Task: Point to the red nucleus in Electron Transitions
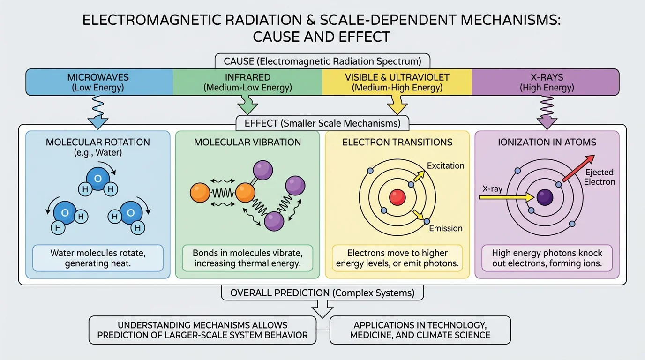(x=397, y=197)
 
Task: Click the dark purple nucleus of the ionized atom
(x=545, y=197)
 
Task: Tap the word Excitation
(x=445, y=166)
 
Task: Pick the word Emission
(x=446, y=228)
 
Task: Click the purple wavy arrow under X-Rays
(x=547, y=112)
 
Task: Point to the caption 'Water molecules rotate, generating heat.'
(x=98, y=258)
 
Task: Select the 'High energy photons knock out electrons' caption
(x=547, y=258)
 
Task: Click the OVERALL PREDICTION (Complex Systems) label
(x=322, y=293)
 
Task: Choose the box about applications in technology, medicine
(x=420, y=330)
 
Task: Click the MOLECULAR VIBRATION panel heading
(x=247, y=142)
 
